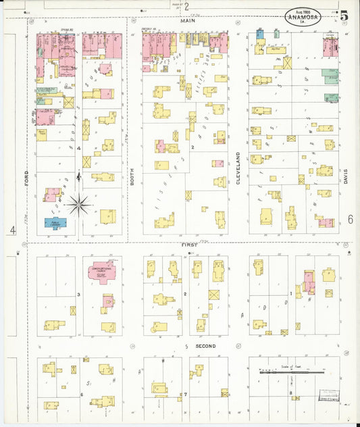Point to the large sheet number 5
pos(344,15)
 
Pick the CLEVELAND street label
pos(238,166)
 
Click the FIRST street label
pos(188,244)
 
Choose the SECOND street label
pos(205,347)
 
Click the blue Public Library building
pos(55,222)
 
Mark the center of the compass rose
pos(80,202)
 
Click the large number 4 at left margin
pos(13,230)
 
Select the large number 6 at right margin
pos(351,219)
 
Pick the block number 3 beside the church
pos(78,295)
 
